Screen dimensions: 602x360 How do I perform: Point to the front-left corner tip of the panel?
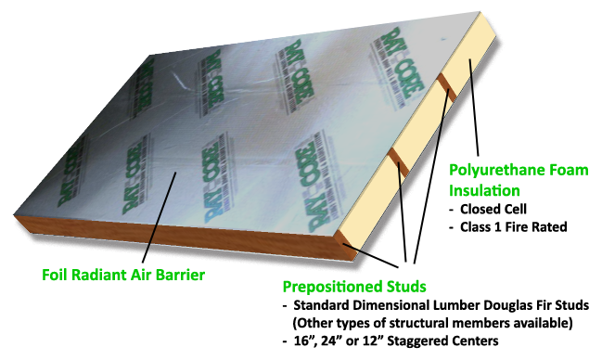click(x=15, y=215)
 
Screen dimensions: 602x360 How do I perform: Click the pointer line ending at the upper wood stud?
click(x=430, y=176)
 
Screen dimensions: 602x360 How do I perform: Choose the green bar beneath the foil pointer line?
click(x=139, y=276)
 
